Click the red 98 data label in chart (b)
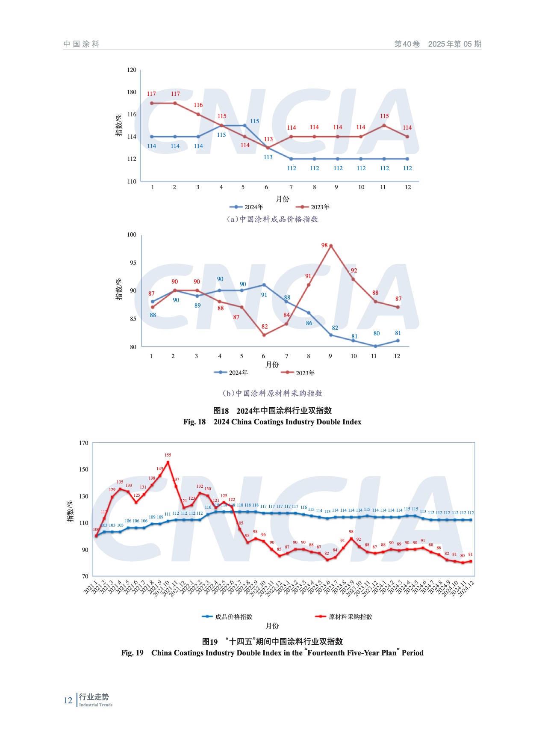(x=324, y=245)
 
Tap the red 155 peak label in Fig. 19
(x=168, y=455)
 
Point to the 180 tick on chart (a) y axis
(x=132, y=92)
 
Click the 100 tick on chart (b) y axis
(x=132, y=234)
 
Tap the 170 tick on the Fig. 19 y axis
(x=84, y=443)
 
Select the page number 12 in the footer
(x=68, y=700)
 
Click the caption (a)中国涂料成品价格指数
(x=272, y=219)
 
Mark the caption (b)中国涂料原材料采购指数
(x=272, y=393)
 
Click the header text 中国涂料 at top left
(x=82, y=44)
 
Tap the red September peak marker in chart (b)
(x=331, y=246)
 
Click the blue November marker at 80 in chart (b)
(x=375, y=346)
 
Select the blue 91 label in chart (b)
(x=264, y=295)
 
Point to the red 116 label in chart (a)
(x=198, y=105)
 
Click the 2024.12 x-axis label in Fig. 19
(x=466, y=589)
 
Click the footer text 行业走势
(x=94, y=697)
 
